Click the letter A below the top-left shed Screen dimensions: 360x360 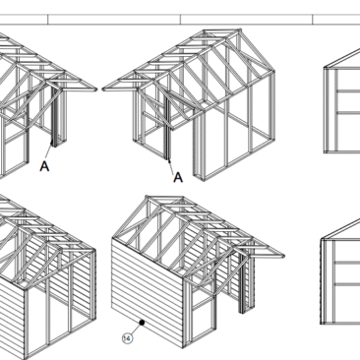pos(44,166)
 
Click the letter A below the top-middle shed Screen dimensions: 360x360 pos(178,177)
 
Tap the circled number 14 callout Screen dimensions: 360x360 pos(127,338)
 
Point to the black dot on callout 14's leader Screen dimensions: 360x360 pos(142,323)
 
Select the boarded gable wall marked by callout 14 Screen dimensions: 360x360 pos(148,292)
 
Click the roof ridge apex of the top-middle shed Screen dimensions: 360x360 pos(240,30)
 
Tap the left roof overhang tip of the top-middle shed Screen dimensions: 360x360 pos(103,89)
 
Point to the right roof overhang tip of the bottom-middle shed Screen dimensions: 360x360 pos(283,256)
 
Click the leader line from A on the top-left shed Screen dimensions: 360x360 pos(48,150)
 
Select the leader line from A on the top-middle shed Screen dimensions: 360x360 pos(172,166)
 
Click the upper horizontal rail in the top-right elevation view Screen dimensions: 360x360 pos(348,90)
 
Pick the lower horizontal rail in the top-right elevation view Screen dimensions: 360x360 pos(348,113)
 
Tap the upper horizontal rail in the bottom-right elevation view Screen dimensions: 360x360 pos(347,263)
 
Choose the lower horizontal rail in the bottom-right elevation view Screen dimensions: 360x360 pos(347,284)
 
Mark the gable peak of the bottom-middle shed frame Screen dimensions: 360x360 pos(147,197)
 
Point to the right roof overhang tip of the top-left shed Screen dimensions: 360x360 pos(95,89)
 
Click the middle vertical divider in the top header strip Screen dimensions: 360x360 pos(180,20)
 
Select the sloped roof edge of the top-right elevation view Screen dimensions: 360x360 pos(341,58)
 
